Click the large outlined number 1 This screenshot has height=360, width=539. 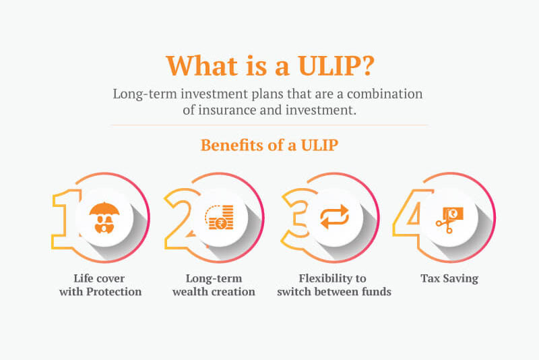pyautogui.click(x=65, y=216)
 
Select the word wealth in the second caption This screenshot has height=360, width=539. pyautogui.click(x=195, y=292)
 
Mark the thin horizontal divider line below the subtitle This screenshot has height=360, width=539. pyautogui.click(x=269, y=125)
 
